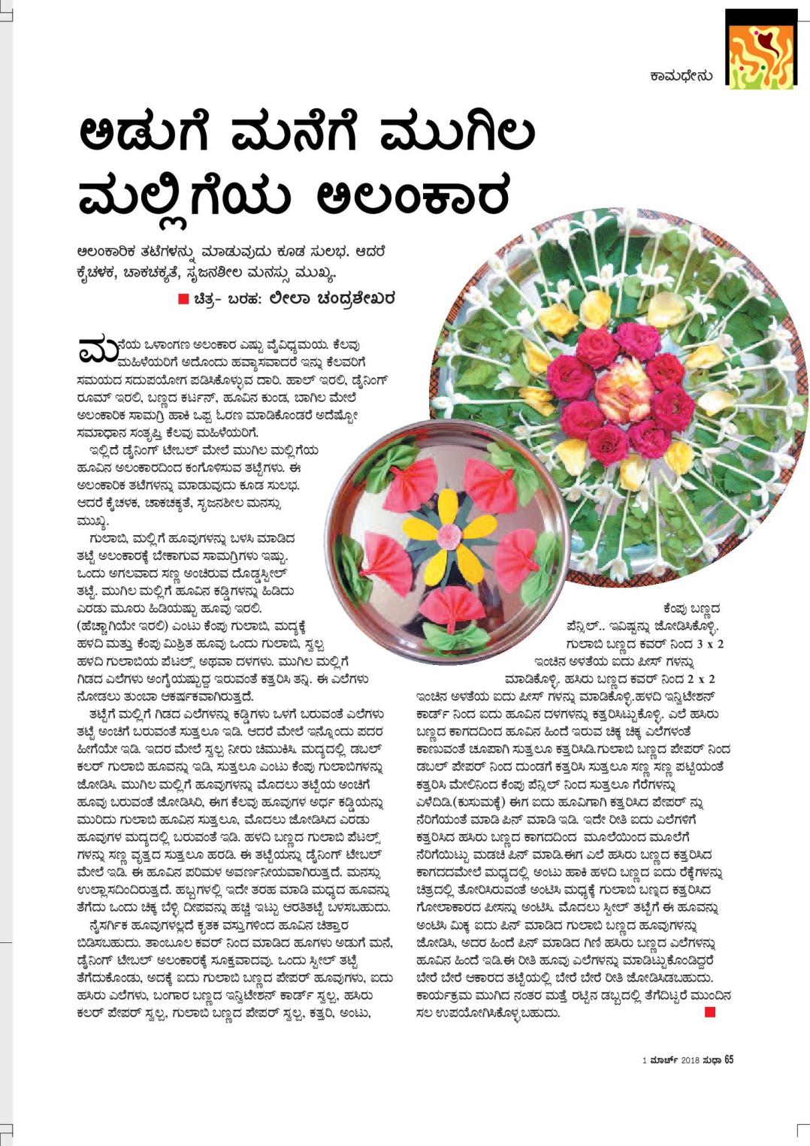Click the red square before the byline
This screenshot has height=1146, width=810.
(183, 299)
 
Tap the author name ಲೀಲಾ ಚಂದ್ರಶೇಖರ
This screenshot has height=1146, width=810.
(331, 298)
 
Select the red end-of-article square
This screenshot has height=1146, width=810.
(709, 1011)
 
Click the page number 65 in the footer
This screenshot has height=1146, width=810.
(729, 1060)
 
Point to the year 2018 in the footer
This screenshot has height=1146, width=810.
(691, 1060)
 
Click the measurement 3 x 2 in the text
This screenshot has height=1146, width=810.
(710, 644)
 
